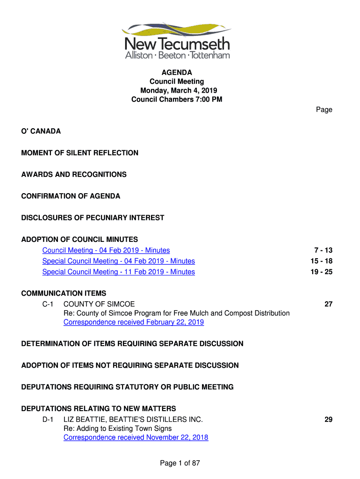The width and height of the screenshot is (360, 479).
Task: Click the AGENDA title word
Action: tap(177, 73)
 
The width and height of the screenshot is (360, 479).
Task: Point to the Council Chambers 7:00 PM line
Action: tap(177, 99)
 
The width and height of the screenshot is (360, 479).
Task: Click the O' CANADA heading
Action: tap(41, 131)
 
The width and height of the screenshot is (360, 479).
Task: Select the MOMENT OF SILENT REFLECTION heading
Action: tap(80, 153)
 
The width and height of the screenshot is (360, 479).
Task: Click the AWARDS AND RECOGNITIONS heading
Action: tap(74, 174)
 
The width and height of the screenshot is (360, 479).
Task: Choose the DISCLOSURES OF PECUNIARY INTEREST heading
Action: tap(93, 218)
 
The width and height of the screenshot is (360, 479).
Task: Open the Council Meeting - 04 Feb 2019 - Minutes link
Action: tap(106, 250)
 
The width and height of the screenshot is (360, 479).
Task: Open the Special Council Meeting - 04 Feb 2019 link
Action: tap(119, 261)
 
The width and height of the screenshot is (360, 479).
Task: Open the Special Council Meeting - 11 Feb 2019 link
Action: tap(119, 272)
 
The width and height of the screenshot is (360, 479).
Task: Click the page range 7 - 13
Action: tap(323, 250)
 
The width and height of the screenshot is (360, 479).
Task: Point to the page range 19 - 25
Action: tap(321, 272)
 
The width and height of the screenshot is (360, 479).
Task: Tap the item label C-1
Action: tap(48, 305)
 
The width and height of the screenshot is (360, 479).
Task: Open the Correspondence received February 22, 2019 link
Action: tap(134, 322)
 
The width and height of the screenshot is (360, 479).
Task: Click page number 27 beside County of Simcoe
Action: tap(328, 305)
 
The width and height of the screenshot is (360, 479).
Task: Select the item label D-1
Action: tap(48, 420)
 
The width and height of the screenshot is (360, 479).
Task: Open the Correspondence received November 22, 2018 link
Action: tap(136, 437)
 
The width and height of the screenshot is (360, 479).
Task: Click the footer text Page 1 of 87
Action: tap(180, 463)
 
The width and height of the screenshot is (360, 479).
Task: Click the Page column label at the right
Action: tap(324, 110)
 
